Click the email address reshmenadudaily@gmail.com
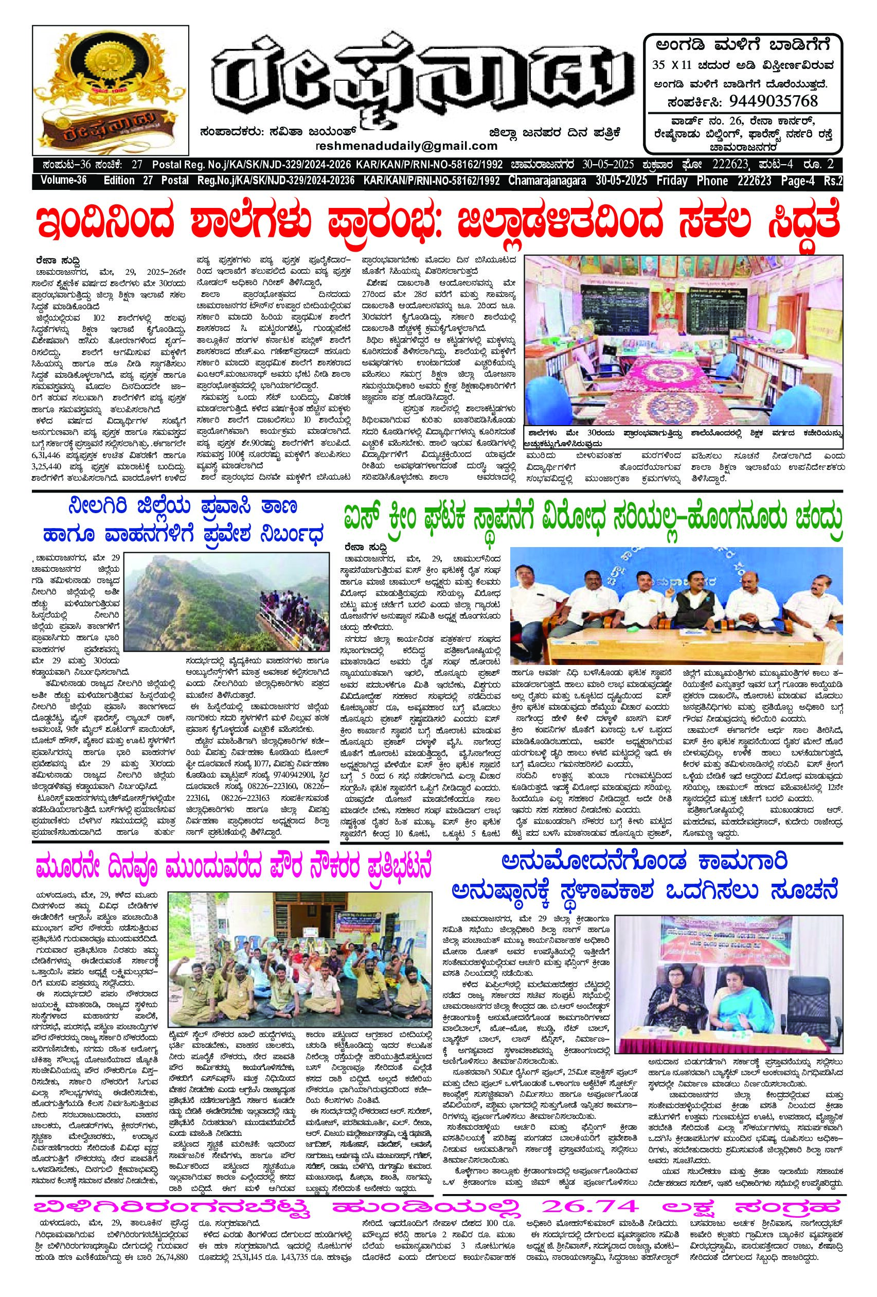[x=406, y=146]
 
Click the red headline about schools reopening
[x=438, y=224]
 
